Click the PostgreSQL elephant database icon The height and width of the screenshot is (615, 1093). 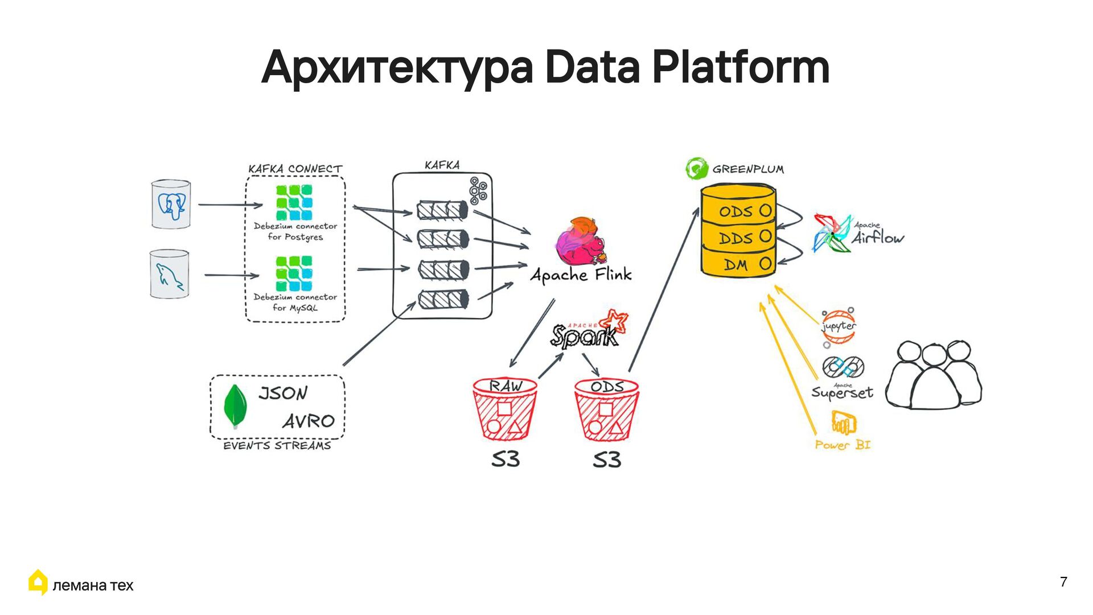[x=171, y=205]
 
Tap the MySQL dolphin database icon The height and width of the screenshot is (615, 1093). [x=169, y=274]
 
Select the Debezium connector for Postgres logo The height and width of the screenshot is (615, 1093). [x=294, y=203]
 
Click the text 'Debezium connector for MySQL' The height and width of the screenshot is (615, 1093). [x=295, y=302]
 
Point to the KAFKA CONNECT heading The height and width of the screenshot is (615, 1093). [x=295, y=169]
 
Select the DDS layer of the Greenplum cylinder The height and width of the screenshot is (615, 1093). [x=738, y=238]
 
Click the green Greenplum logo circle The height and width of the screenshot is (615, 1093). [x=696, y=169]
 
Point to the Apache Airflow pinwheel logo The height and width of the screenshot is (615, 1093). [x=831, y=233]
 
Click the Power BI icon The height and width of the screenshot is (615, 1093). [x=843, y=423]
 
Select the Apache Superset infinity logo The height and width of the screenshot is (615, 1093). [x=843, y=367]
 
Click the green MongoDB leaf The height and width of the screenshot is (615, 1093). [x=235, y=406]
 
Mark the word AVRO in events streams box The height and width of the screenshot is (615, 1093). [x=308, y=421]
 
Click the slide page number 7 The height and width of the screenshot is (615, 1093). [x=1063, y=582]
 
